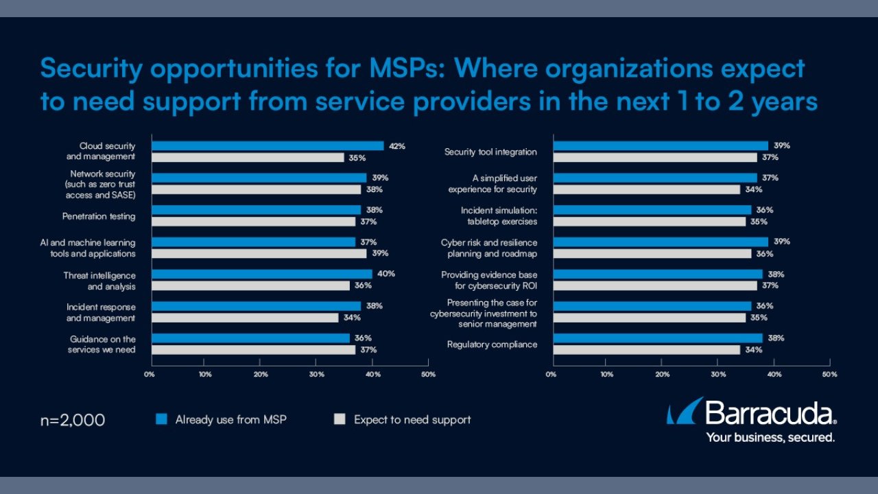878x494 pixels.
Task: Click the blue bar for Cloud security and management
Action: (x=268, y=145)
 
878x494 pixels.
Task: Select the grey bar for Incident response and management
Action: (x=245, y=318)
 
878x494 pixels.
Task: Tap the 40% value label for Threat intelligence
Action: (x=386, y=274)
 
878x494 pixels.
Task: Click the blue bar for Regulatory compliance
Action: (x=658, y=338)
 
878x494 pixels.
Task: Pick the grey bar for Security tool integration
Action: (x=655, y=158)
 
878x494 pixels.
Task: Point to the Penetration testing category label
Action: (x=99, y=217)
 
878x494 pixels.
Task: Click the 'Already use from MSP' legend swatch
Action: (x=161, y=419)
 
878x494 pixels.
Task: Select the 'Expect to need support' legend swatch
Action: (x=339, y=419)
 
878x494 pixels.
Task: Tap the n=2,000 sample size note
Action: (x=73, y=420)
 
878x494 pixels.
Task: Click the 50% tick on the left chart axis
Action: (x=428, y=375)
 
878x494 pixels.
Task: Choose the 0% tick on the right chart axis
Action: (x=551, y=375)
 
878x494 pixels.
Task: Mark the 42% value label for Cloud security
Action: (x=397, y=146)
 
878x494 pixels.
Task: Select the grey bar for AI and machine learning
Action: (x=259, y=254)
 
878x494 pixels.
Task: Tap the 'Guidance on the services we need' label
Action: (x=103, y=344)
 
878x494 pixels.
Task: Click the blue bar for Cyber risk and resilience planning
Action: (x=661, y=242)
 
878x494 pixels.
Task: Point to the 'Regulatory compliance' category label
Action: (x=492, y=344)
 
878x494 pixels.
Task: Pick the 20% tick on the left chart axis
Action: (x=261, y=375)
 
